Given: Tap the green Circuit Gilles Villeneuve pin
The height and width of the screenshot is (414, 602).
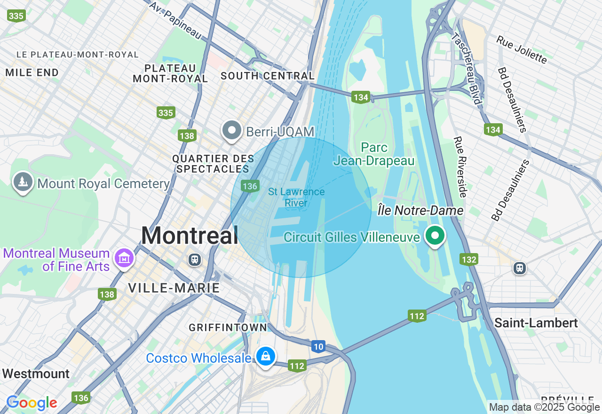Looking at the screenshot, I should click(x=436, y=235).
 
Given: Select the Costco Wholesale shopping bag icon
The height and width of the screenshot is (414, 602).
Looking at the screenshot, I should click(x=266, y=356).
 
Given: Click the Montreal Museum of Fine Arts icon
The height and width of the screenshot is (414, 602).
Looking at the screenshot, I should click(x=124, y=258).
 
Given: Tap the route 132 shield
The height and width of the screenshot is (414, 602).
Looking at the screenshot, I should click(x=469, y=259).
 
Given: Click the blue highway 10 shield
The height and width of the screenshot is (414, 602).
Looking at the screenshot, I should click(x=318, y=347).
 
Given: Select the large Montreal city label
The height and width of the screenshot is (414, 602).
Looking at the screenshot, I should click(x=190, y=235).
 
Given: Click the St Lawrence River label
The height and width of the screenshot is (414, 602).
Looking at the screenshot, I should click(x=296, y=198).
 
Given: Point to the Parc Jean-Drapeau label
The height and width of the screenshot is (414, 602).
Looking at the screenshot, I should click(x=374, y=154).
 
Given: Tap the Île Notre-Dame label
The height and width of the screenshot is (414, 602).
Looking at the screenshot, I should click(x=420, y=211).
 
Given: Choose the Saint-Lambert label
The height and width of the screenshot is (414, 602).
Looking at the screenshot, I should click(x=536, y=323).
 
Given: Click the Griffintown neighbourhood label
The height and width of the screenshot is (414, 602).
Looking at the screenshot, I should click(x=228, y=327).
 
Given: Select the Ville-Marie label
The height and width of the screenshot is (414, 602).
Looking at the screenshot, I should click(x=174, y=288).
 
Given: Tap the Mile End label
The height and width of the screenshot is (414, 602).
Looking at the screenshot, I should click(x=32, y=72).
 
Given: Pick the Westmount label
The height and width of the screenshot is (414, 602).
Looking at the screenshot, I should click(x=36, y=374).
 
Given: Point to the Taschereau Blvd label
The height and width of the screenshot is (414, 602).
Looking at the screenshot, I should click(x=466, y=68).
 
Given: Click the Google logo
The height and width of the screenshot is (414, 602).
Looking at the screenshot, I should click(x=32, y=403).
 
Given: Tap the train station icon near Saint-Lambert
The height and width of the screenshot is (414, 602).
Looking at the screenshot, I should click(x=519, y=268).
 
